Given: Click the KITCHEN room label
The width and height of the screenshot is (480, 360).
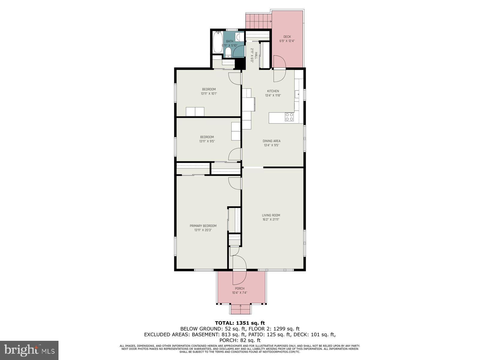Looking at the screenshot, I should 273,91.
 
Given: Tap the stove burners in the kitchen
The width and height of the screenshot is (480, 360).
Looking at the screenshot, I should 289,117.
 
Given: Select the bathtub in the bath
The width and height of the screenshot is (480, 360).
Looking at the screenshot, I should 217,43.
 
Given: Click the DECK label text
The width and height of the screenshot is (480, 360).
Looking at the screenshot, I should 287,37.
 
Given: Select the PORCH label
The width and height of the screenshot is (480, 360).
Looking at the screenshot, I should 240,289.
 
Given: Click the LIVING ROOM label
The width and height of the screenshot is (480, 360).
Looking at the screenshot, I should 271,215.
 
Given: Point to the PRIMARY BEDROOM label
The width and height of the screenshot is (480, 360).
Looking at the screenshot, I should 203,226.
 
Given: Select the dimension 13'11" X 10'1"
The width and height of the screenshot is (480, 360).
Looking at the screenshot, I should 209,94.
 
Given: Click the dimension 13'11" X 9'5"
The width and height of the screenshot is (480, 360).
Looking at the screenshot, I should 207,141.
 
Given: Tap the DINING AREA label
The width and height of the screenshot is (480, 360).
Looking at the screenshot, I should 271,141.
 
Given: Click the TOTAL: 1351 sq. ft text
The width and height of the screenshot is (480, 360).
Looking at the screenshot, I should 240,323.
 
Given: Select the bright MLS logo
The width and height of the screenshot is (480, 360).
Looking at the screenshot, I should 29,350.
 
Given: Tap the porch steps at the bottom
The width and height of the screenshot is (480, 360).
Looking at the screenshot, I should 240,309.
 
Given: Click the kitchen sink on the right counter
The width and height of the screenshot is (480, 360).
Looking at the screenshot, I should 298,94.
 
